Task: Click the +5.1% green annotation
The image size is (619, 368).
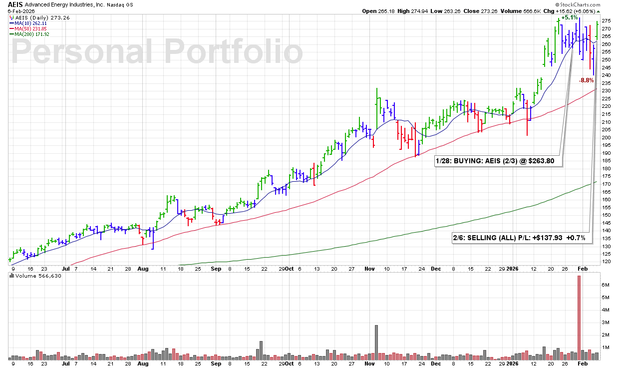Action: click(569, 17)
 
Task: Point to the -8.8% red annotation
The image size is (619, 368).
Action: click(586, 80)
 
